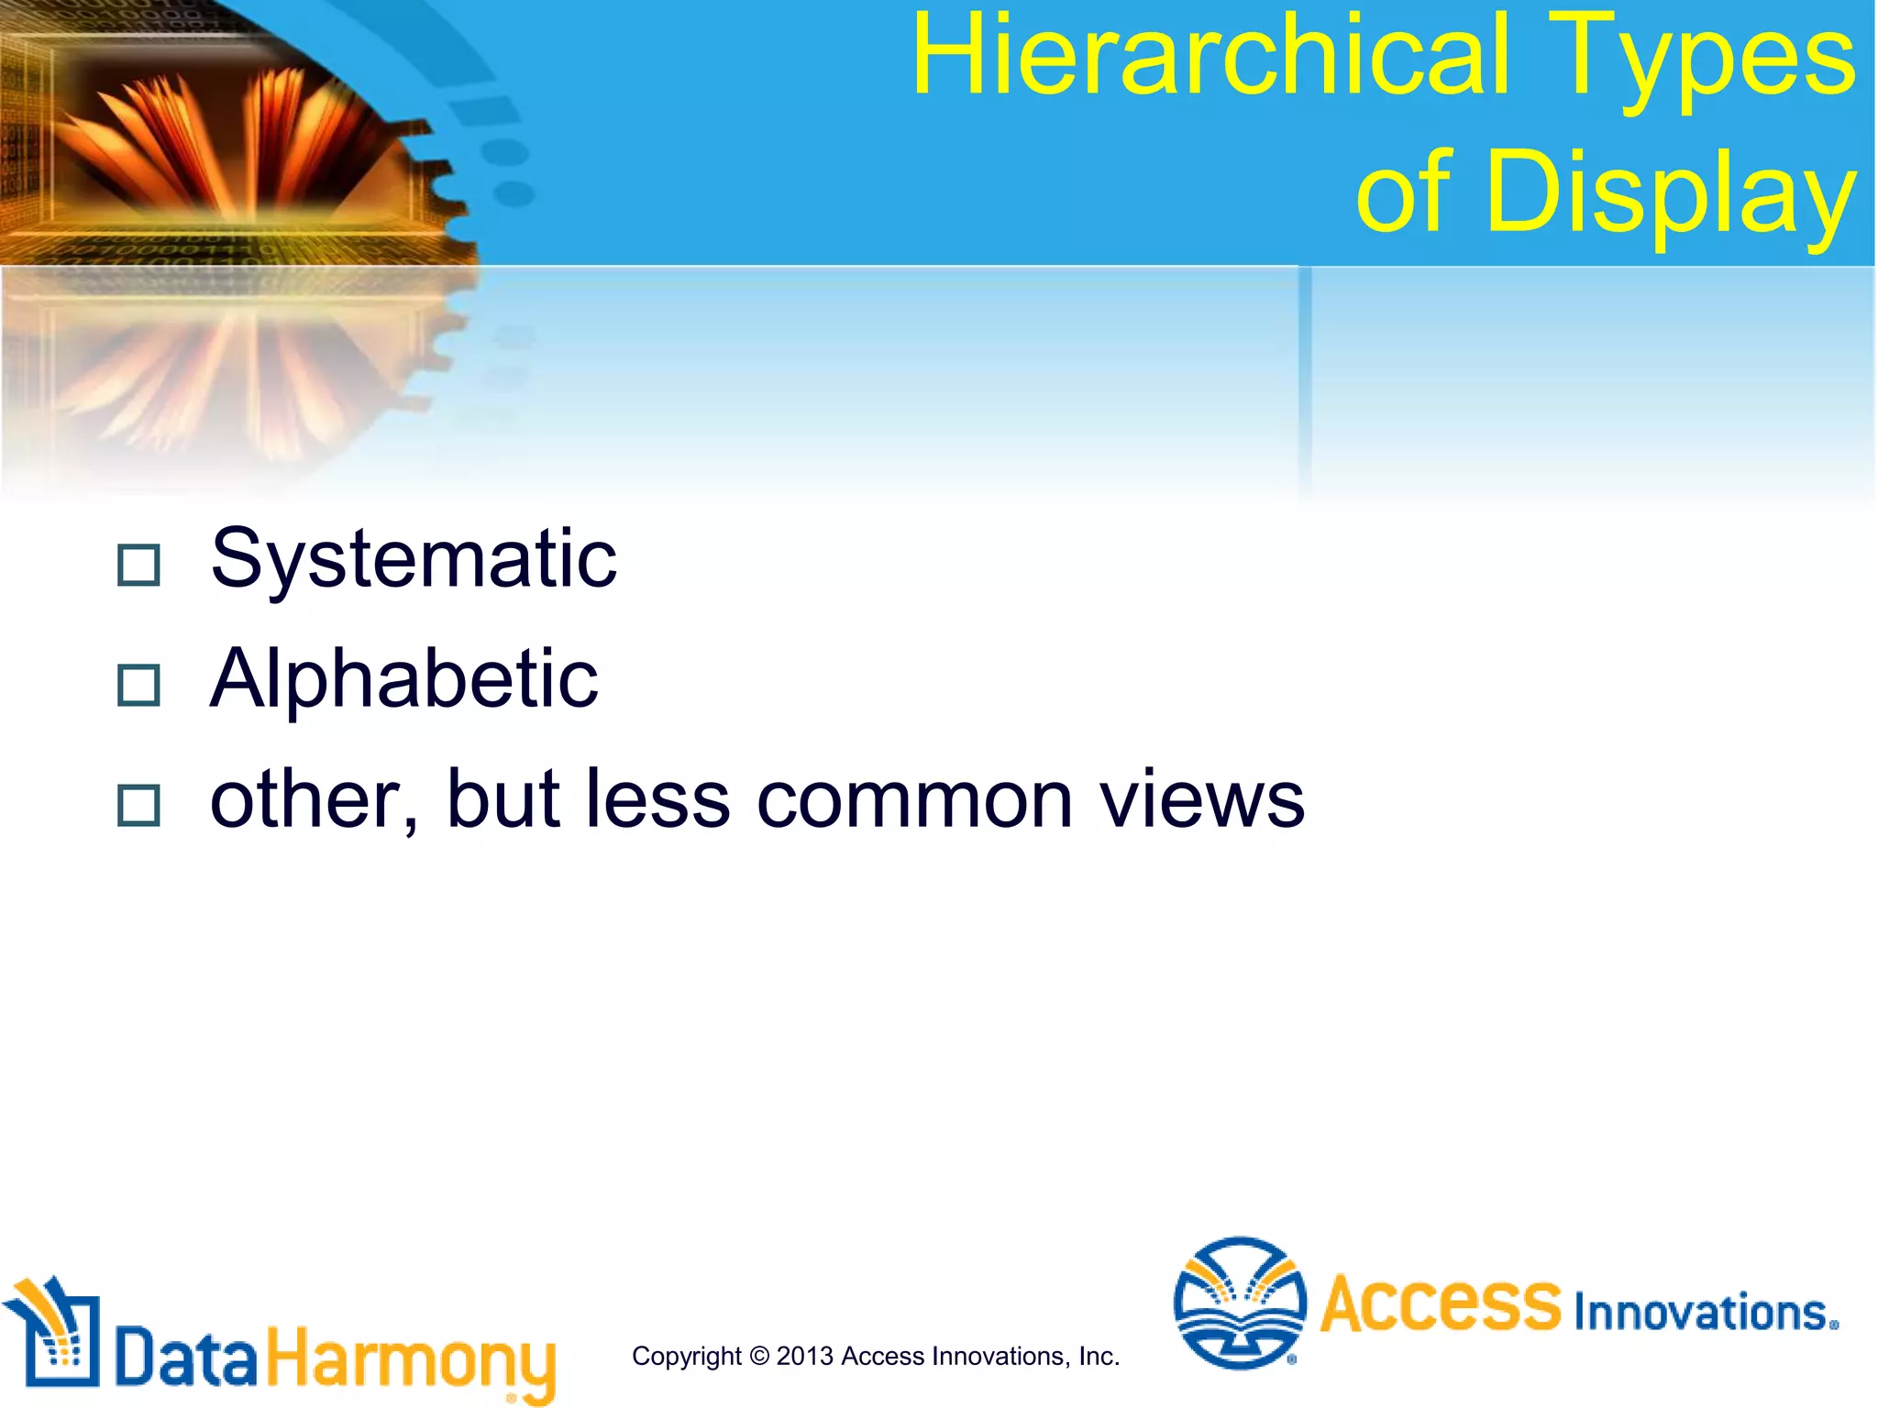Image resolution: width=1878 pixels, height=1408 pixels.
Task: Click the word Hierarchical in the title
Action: pos(1209,57)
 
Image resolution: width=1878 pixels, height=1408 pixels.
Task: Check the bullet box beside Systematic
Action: pos(139,565)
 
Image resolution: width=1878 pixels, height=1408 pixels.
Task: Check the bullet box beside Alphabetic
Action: pos(139,685)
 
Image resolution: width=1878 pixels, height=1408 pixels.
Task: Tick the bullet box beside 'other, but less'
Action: pos(139,806)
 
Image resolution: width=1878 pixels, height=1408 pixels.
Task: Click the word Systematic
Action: pos(414,559)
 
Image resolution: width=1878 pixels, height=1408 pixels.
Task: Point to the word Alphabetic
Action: pos(404,679)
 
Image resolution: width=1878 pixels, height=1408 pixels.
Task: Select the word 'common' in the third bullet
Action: pos(913,800)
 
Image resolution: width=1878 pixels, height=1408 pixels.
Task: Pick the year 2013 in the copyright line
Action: pos(805,1356)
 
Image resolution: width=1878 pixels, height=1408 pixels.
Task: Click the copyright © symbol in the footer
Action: pos(758,1356)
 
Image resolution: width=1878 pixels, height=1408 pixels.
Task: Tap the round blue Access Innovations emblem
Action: pos(1240,1303)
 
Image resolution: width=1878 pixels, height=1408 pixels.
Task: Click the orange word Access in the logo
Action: pos(1440,1303)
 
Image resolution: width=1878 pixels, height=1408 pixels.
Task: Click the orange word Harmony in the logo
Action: pos(411,1359)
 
